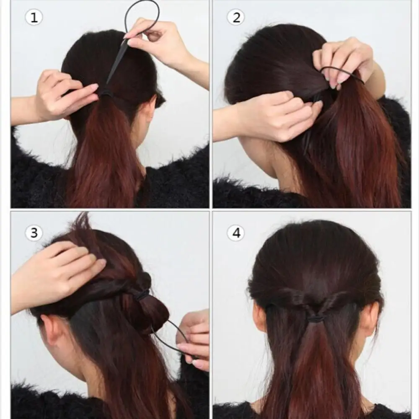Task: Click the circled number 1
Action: tap(34, 18)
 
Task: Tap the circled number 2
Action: tap(236, 18)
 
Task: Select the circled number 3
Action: tap(34, 233)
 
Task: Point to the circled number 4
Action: tap(236, 233)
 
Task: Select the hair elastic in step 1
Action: tap(106, 94)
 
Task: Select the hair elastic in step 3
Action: tap(142, 295)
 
